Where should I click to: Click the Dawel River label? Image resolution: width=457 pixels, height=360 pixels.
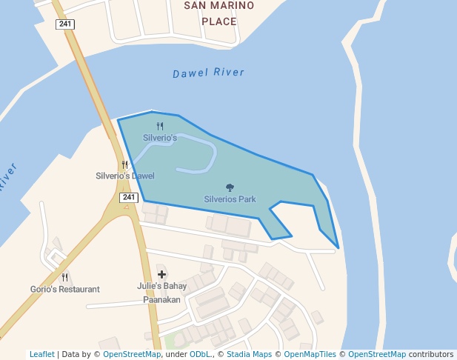[208, 73]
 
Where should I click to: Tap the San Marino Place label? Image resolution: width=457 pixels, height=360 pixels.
[219, 13]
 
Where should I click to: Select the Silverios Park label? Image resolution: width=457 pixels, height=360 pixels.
[230, 199]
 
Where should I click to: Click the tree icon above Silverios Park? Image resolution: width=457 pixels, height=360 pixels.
[230, 188]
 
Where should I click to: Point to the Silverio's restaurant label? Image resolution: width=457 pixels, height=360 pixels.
[160, 138]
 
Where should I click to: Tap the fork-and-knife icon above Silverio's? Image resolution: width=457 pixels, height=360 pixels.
[160, 127]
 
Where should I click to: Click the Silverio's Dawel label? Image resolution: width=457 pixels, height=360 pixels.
[125, 176]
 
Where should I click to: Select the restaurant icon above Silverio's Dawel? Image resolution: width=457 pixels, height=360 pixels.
[125, 165]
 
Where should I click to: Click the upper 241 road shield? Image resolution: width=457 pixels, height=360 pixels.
[65, 24]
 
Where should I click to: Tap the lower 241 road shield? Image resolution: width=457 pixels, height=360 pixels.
[129, 197]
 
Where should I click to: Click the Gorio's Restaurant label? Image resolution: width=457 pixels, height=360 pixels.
[65, 289]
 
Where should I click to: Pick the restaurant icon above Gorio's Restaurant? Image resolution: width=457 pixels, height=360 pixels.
[65, 278]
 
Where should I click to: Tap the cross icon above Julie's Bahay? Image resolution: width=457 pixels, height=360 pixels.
[161, 275]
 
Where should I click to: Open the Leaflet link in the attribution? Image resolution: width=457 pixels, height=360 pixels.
[41, 354]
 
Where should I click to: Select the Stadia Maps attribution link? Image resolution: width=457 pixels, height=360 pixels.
[249, 354]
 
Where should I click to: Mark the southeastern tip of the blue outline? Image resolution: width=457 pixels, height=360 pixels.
[338, 247]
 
